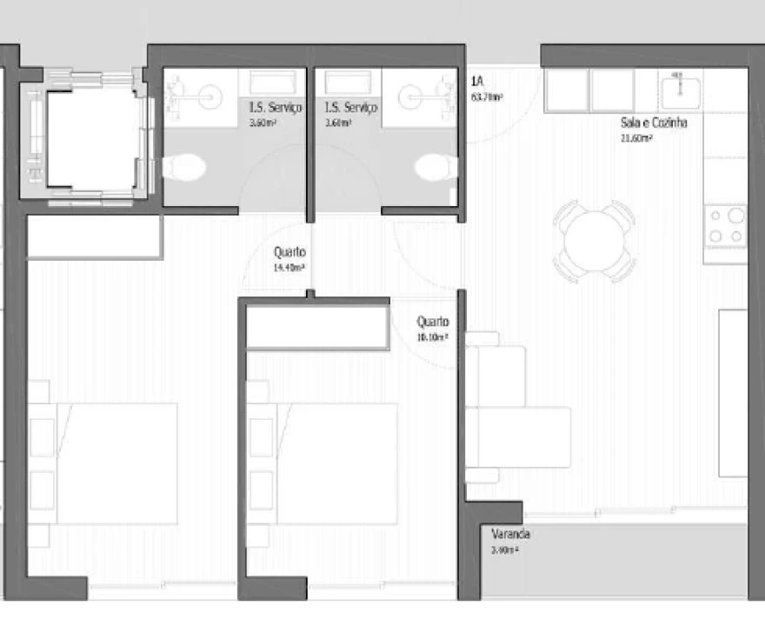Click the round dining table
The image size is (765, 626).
(596, 241)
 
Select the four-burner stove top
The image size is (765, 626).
(726, 225)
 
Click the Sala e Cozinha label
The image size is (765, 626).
(654, 123)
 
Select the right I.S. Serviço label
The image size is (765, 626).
(350, 108)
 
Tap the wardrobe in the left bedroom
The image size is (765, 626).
(94, 236)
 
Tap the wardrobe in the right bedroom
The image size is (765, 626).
(317, 326)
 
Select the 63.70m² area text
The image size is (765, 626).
(487, 97)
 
